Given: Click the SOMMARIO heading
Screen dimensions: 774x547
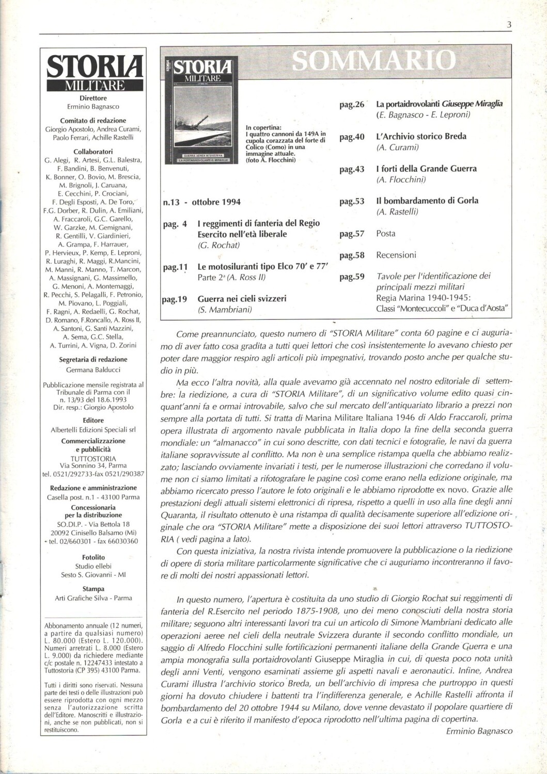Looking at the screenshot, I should tap(374, 61).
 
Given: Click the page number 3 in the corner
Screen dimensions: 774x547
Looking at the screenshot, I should tap(509, 25).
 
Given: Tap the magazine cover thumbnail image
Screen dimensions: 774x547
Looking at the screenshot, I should tap(199, 111).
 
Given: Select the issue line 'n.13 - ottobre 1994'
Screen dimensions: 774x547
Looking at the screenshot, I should tap(202, 202).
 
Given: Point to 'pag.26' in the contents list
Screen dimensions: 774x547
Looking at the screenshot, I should tap(352, 105).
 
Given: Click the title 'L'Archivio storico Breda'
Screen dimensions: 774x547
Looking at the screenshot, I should tap(421, 136).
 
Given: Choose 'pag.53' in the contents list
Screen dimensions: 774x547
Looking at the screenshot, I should tap(352, 201).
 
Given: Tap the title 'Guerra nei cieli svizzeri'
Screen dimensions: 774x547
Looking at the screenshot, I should tap(242, 299).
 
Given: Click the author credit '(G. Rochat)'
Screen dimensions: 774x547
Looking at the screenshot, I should tap(218, 245).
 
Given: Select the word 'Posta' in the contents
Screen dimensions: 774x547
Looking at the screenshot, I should tap(386, 234).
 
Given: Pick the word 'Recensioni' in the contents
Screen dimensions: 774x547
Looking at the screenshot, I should tap(396, 255).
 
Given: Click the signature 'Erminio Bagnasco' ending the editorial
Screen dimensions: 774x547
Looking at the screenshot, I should tap(479, 731).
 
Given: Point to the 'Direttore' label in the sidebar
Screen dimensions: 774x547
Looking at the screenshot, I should tap(93, 98).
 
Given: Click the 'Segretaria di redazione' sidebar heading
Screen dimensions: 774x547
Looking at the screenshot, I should tap(93, 360).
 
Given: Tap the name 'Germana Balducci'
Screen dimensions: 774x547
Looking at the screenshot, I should tap(93, 369).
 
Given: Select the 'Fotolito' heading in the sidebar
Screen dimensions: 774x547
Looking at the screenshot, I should tap(93, 557).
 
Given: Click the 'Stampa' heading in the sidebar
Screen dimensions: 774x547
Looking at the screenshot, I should tap(93, 589).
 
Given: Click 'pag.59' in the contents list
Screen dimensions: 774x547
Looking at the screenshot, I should tap(352, 277).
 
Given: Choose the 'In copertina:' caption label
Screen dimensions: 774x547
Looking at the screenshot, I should tap(263, 127).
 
